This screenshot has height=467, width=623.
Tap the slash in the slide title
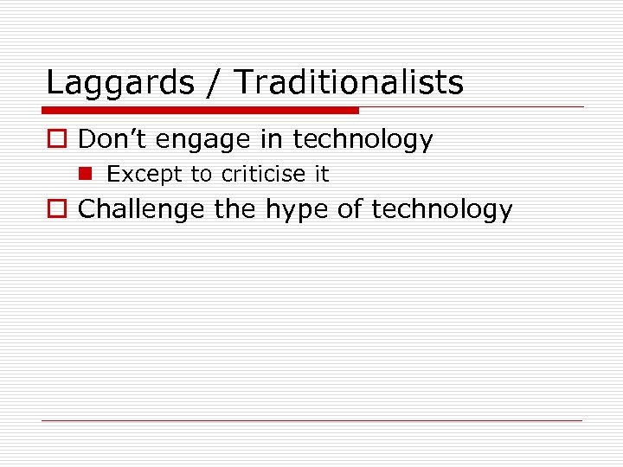pyautogui.click(x=215, y=83)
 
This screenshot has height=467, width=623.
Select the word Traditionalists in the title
pyautogui.click(x=349, y=83)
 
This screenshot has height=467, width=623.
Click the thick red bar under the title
pyautogui.click(x=201, y=111)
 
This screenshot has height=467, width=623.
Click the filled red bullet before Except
pyautogui.click(x=87, y=174)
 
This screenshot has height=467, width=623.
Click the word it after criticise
pyautogui.click(x=321, y=174)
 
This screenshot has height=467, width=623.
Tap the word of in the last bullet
pyautogui.click(x=349, y=209)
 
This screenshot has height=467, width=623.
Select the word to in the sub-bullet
pyautogui.click(x=201, y=175)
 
